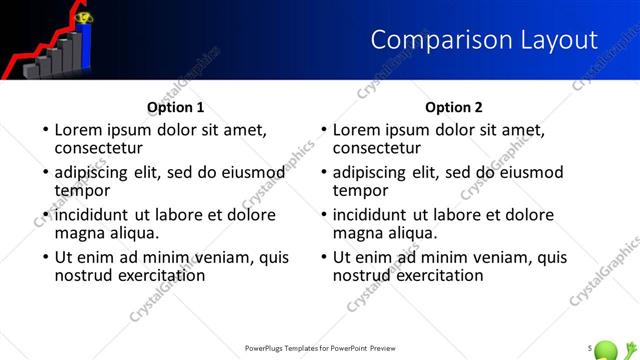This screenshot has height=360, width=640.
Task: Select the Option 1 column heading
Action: (x=175, y=107)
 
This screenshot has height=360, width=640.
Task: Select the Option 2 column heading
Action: (x=453, y=107)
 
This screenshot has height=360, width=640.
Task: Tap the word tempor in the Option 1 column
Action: (x=82, y=191)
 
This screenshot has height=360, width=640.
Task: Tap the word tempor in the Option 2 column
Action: (x=360, y=191)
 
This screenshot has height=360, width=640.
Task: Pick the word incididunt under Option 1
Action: (x=93, y=213)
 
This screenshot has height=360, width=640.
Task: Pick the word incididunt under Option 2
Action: (x=371, y=213)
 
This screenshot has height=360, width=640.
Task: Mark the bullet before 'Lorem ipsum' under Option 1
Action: (x=44, y=130)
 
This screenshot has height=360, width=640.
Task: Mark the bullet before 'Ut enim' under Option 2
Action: (x=322, y=257)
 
